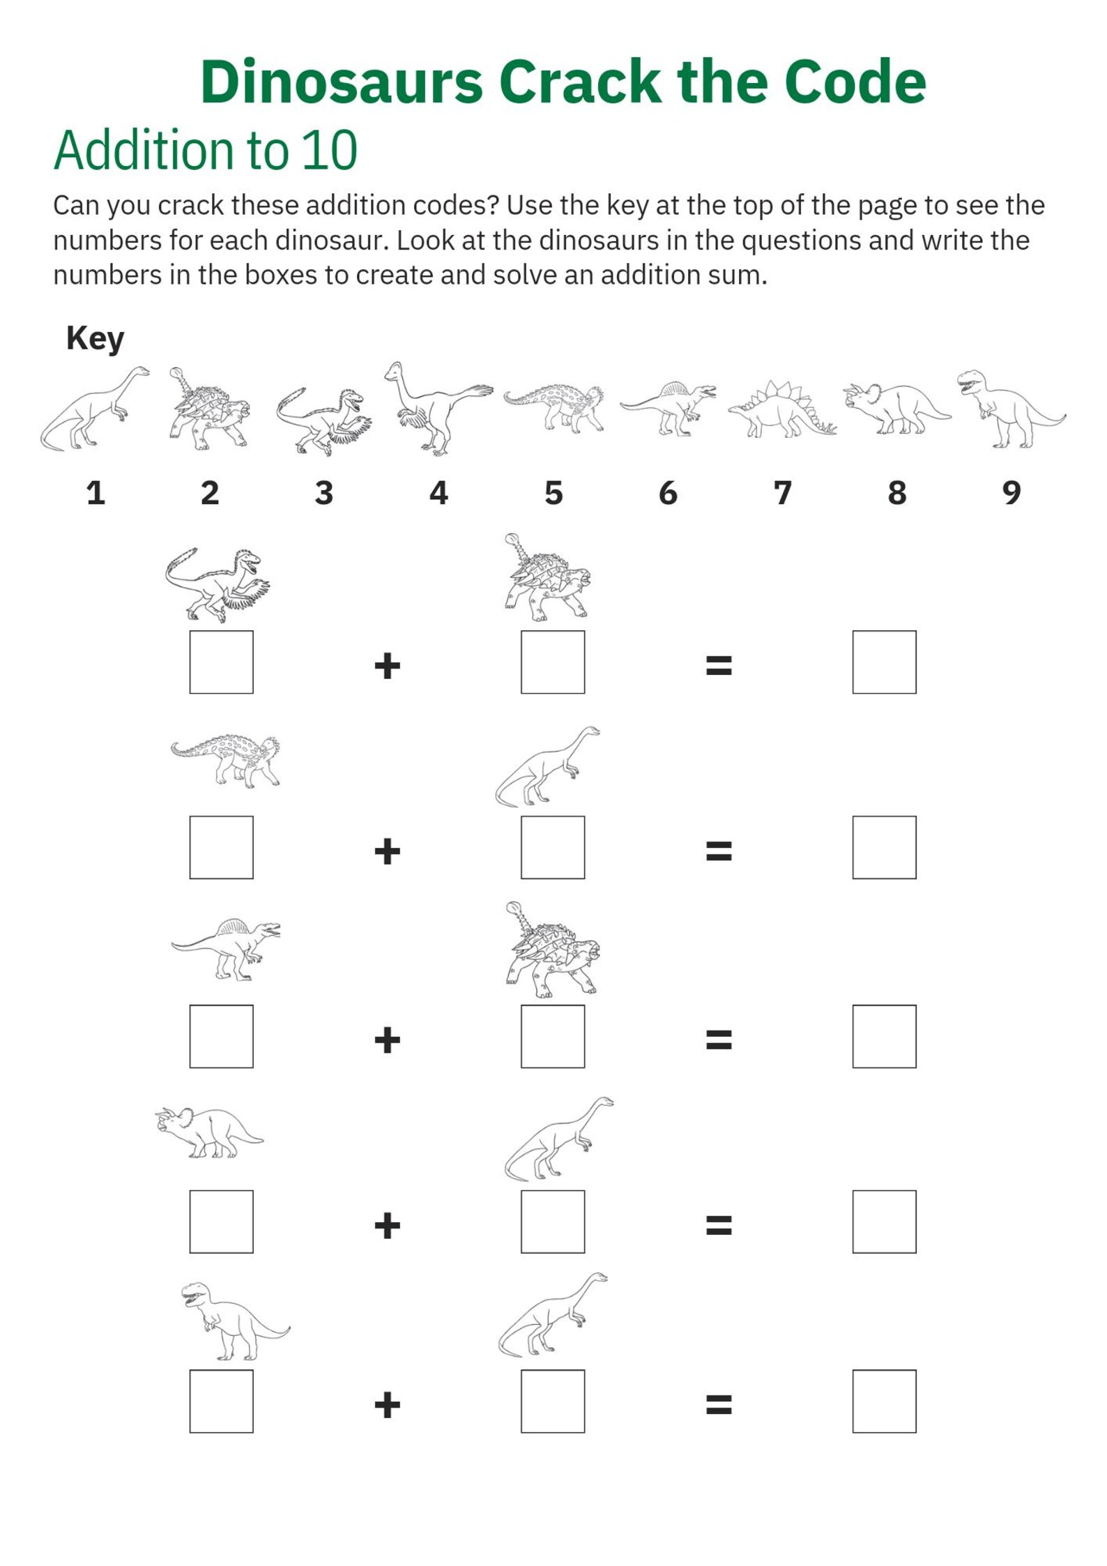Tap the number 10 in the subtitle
[x=329, y=151]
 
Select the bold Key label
[x=95, y=338]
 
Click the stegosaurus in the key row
[x=782, y=409]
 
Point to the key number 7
[x=782, y=493]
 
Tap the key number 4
[x=438, y=493]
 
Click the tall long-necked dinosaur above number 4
[x=435, y=408]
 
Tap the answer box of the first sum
[x=883, y=662]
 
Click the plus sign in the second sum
[x=387, y=851]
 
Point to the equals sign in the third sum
[x=719, y=1040]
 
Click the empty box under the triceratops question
[x=221, y=1222]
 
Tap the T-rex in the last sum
[x=234, y=1320]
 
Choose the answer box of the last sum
[x=883, y=1401]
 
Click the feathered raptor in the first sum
[x=217, y=584]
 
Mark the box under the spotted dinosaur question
[x=221, y=847]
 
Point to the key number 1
[x=96, y=493]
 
